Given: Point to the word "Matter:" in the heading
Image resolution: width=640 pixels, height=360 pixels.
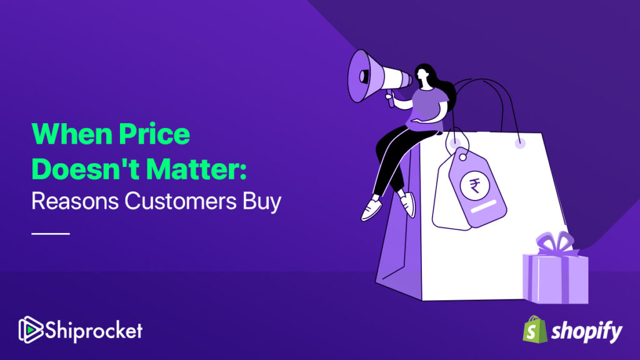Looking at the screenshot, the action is pyautogui.click(x=196, y=169).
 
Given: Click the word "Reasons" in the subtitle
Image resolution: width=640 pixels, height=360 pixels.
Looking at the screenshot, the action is pyautogui.click(x=75, y=201).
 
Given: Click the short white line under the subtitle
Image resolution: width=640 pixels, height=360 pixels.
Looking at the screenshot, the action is pyautogui.click(x=51, y=234).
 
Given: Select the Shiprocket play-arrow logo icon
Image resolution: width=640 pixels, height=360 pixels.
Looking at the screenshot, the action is pyautogui.click(x=31, y=329).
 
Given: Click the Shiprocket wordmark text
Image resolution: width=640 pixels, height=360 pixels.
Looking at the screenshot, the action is pyautogui.click(x=94, y=330).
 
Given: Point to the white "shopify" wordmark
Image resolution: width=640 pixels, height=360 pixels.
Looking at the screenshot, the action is pyautogui.click(x=586, y=331).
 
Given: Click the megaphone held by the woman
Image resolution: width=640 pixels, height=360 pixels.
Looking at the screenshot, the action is pyautogui.click(x=377, y=77).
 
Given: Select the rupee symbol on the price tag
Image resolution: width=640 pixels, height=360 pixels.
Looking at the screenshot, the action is pyautogui.click(x=475, y=186).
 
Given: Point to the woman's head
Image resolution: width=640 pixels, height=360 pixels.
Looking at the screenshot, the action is pyautogui.click(x=423, y=75).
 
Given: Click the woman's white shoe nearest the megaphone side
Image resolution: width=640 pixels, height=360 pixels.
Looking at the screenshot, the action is pyautogui.click(x=371, y=209).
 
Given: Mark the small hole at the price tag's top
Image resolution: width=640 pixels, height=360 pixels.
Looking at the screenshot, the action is pyautogui.click(x=463, y=157).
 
